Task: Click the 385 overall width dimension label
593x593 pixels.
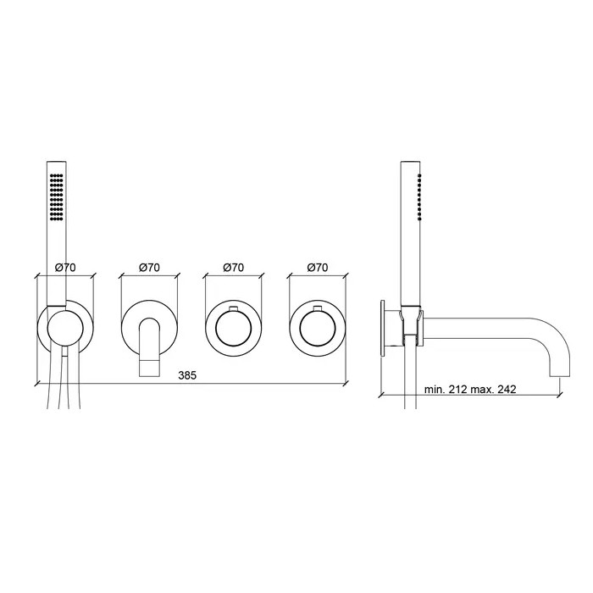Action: tap(187, 375)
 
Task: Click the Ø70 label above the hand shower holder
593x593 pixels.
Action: tap(65, 268)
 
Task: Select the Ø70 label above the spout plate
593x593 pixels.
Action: tap(149, 268)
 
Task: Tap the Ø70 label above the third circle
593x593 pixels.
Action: tap(233, 268)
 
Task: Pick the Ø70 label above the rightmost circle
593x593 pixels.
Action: tap(318, 268)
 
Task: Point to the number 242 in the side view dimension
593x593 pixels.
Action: tap(507, 389)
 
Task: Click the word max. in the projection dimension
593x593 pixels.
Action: tap(482, 389)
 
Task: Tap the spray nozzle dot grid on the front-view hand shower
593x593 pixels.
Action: tap(57, 197)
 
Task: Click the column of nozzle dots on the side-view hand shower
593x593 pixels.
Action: tap(419, 197)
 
